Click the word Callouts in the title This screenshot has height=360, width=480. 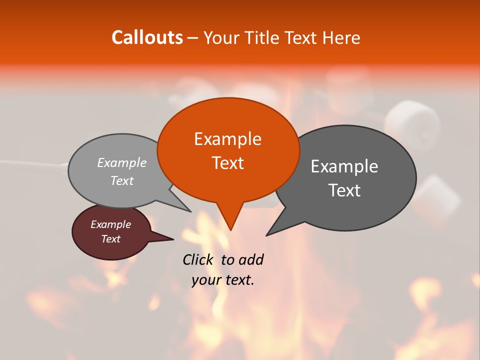tap(147, 37)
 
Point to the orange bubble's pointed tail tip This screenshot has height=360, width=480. tap(230, 230)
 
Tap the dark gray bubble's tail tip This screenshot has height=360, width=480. tap(266, 235)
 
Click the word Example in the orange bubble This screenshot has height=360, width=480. tap(227, 139)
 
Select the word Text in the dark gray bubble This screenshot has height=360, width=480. tap(344, 190)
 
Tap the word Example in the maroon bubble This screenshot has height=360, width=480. tap(110, 224)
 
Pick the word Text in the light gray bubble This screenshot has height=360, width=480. tap(122, 181)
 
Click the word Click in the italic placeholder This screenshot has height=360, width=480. tap(198, 259)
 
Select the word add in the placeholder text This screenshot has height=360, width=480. tap(251, 259)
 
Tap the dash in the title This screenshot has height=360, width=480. tap(193, 37)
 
